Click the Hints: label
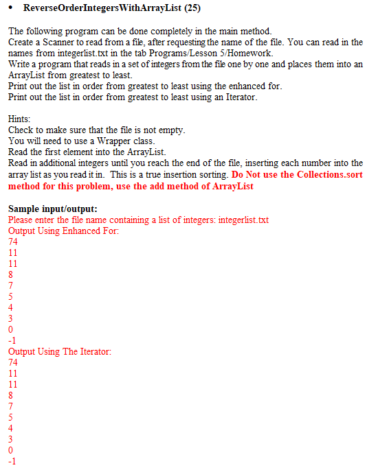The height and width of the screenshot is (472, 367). pyautogui.click(x=19, y=119)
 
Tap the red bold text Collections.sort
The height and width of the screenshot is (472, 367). pyautogui.click(x=305, y=175)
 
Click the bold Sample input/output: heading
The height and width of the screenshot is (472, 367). pyautogui.click(x=52, y=209)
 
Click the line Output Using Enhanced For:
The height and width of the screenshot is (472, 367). pyautogui.click(x=63, y=231)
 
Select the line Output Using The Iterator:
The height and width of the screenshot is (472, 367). pyautogui.click(x=60, y=351)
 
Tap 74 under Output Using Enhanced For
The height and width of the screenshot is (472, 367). pyautogui.click(x=13, y=241)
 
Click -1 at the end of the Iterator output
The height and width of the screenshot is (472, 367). pyautogui.click(x=12, y=461)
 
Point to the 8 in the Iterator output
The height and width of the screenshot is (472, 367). pyautogui.click(x=10, y=395)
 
